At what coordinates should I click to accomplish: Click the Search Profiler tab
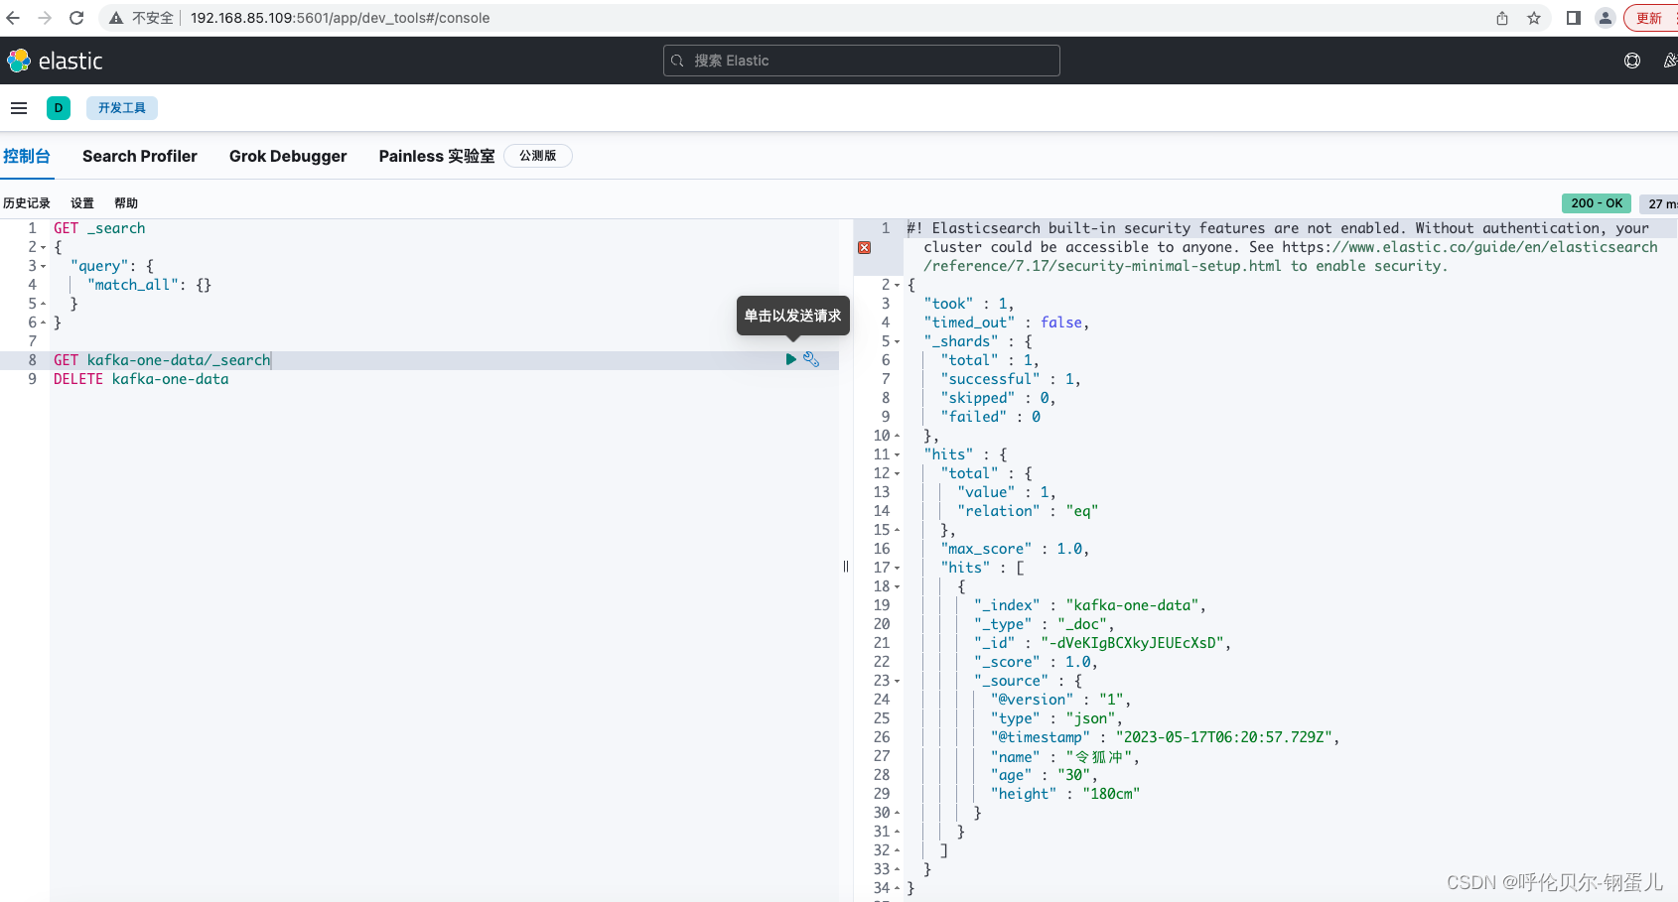[139, 156]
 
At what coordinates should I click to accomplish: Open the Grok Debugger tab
[288, 156]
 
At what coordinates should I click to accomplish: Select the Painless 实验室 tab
[437, 156]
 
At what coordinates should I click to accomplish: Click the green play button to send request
[790, 359]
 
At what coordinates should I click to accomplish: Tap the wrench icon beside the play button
[811, 359]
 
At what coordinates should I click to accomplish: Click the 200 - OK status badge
[1597, 202]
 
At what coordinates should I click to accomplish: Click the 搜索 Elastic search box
[862, 61]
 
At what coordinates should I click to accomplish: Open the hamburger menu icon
[19, 108]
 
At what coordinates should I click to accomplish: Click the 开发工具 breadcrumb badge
[121, 108]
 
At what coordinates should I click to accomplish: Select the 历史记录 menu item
[26, 202]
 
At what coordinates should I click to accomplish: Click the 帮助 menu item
[126, 202]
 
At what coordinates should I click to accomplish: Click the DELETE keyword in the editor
[77, 379]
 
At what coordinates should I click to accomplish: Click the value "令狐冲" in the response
[1098, 757]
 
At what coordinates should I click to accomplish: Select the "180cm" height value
[1111, 794]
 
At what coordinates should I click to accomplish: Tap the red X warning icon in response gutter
[865, 247]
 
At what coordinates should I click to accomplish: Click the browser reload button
[76, 18]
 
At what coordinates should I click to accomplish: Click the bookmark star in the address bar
[1533, 18]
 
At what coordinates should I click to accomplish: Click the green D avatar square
[59, 108]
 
